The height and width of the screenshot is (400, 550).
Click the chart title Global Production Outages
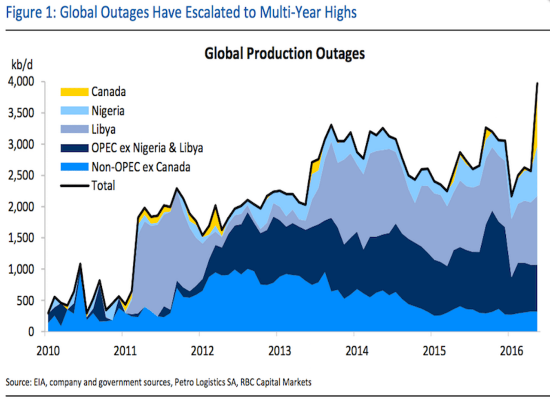point(284,54)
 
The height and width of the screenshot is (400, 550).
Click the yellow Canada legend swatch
point(67,91)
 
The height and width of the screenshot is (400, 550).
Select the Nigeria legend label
point(107,111)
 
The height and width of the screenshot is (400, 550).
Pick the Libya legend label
point(103,130)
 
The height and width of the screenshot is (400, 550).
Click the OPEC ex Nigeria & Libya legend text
point(147,148)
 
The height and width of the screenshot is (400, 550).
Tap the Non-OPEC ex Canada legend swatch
point(67,167)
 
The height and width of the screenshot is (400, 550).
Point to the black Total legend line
point(67,185)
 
